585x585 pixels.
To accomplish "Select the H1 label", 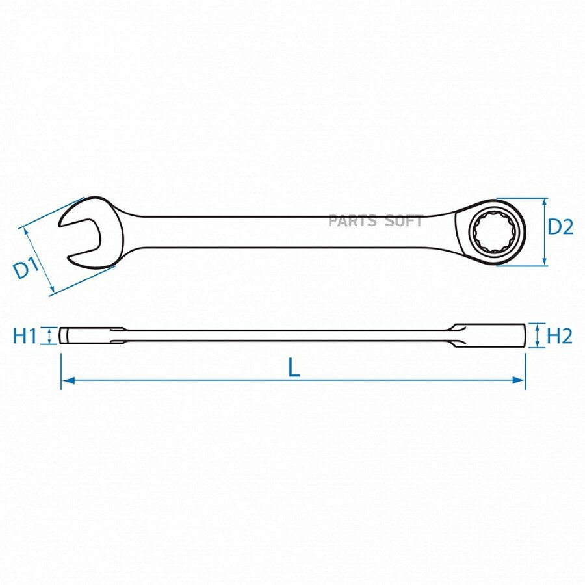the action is pos(25,335).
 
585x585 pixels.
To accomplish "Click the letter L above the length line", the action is pos(294,367).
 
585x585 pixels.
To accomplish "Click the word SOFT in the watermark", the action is pos(404,221).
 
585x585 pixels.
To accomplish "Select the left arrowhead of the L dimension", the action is pos(68,380).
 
